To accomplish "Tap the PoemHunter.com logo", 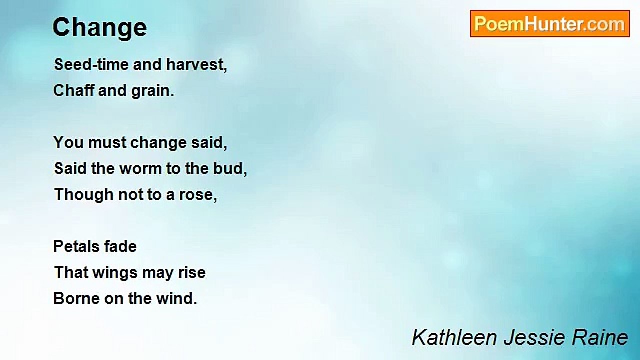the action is pos(550,24).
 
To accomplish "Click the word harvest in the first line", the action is pos(197,64).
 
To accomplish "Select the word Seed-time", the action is pos(91,64).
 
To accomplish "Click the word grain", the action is pos(153,91).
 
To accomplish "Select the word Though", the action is pos(84,195).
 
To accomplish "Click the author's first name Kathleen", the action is pos(454,337).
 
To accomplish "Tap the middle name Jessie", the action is pos(534,337).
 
